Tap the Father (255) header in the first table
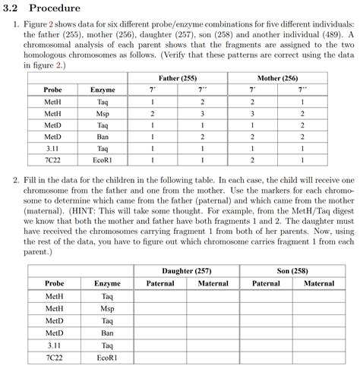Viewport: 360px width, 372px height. click(178, 78)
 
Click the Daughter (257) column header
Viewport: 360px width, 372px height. click(187, 271)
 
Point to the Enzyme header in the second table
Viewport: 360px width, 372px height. click(107, 283)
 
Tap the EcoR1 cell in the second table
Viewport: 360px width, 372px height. click(107, 356)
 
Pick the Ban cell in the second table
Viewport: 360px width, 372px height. click(107, 332)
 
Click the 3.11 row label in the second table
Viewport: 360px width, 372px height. click(53, 344)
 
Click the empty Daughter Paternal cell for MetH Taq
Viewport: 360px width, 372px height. click(160, 296)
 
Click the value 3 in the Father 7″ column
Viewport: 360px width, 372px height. click(203, 113)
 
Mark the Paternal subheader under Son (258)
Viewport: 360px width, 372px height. click(265, 283)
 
